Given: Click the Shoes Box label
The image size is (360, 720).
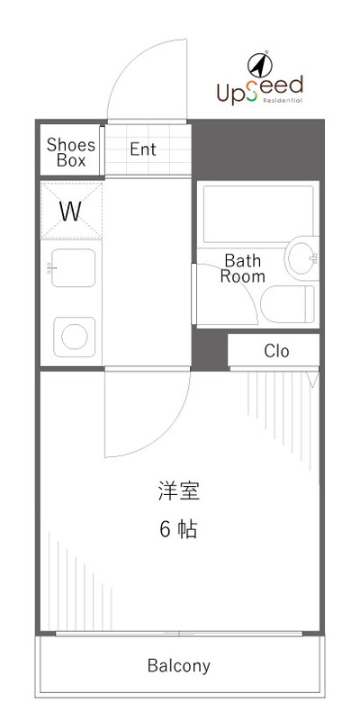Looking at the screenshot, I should click(x=71, y=152).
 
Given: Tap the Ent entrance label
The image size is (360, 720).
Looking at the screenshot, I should click(x=143, y=149).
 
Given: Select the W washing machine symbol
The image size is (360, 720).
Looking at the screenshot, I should click(x=70, y=211).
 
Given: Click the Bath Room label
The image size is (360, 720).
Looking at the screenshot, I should click(x=243, y=268).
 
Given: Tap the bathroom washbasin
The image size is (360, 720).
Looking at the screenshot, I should click(x=301, y=259).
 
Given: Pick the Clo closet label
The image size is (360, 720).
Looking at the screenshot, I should click(x=276, y=351).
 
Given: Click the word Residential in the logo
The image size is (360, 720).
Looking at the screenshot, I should click(x=283, y=101).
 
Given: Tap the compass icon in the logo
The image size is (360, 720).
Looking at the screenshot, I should click(x=259, y=65).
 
